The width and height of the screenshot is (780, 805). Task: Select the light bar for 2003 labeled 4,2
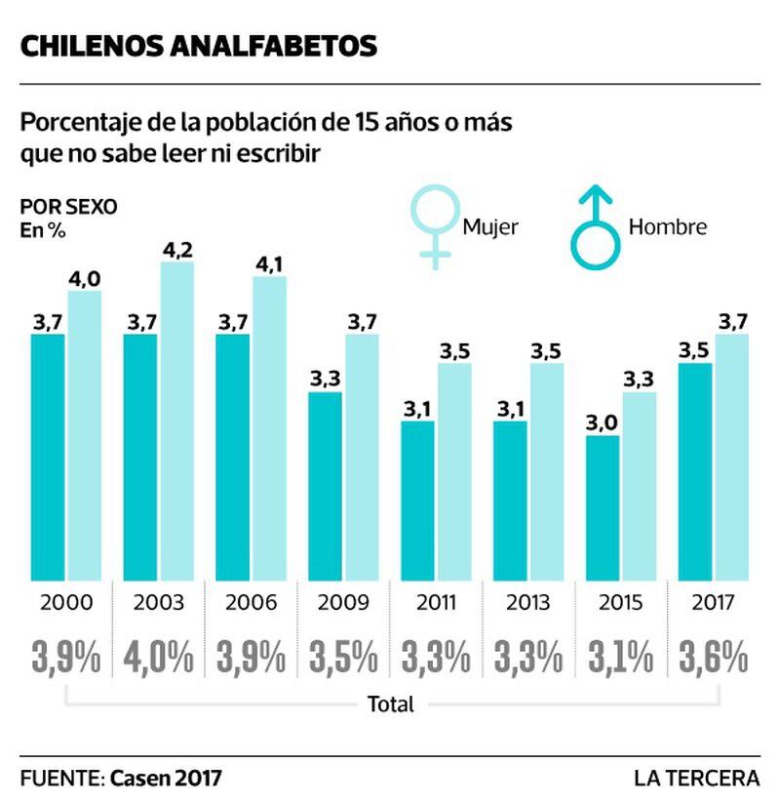pyautogui.click(x=177, y=421)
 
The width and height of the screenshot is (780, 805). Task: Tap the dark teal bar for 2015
pyautogui.click(x=602, y=507)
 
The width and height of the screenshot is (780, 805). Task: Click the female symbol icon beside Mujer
pyautogui.click(x=435, y=227)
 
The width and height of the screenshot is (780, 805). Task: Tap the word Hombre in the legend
pyautogui.click(x=668, y=227)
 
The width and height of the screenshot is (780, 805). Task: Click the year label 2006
pyautogui.click(x=252, y=601)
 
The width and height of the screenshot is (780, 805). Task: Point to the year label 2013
pyautogui.click(x=529, y=601)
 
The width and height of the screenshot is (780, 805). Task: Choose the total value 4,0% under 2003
pyautogui.click(x=159, y=659)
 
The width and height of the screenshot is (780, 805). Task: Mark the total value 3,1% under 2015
pyautogui.click(x=621, y=659)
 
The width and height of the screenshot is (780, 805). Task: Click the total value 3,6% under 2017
pyautogui.click(x=714, y=659)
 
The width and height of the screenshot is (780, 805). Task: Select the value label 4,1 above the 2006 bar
pyautogui.click(x=270, y=262)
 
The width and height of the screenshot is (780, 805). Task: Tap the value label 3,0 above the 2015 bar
pyautogui.click(x=603, y=422)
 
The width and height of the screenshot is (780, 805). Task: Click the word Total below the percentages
pyautogui.click(x=391, y=704)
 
